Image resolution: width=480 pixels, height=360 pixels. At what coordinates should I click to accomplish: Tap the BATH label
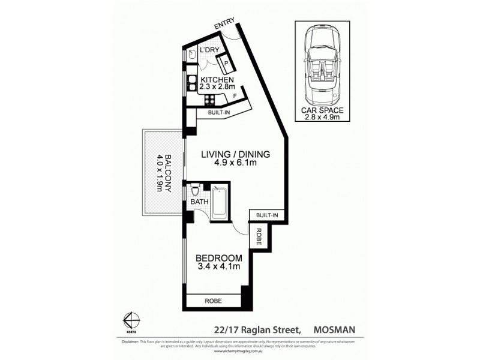pos(199,202)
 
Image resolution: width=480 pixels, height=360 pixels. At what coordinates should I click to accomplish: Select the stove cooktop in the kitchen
pos(211,100)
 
